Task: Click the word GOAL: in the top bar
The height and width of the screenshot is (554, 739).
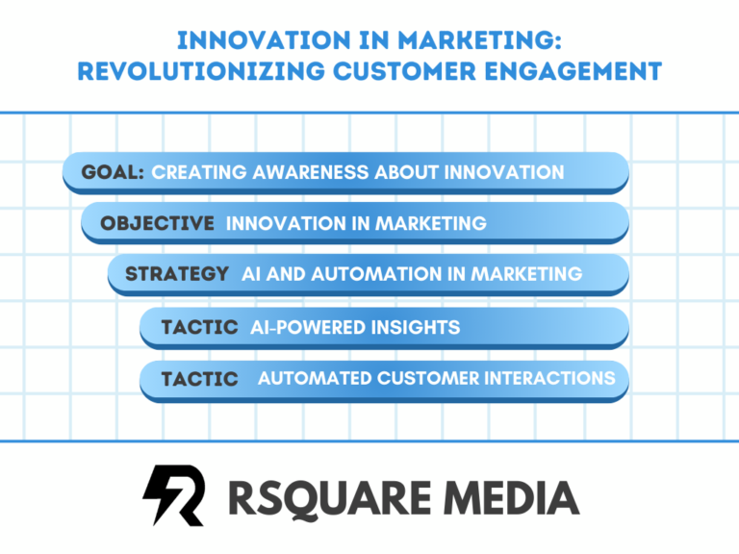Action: [113, 172]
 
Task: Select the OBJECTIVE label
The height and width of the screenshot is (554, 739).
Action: [157, 223]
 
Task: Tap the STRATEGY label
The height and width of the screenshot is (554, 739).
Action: [177, 274]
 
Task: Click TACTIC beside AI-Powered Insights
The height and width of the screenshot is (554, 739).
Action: [199, 327]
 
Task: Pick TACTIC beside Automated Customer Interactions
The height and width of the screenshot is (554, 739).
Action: [199, 379]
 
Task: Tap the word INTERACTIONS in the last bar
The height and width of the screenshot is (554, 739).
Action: [550, 378]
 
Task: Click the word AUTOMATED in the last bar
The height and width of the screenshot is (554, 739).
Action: [314, 378]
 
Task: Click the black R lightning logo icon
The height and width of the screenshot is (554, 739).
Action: [174, 495]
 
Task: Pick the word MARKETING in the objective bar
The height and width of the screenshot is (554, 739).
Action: [430, 223]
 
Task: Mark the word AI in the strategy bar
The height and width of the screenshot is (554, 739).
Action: [251, 274]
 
